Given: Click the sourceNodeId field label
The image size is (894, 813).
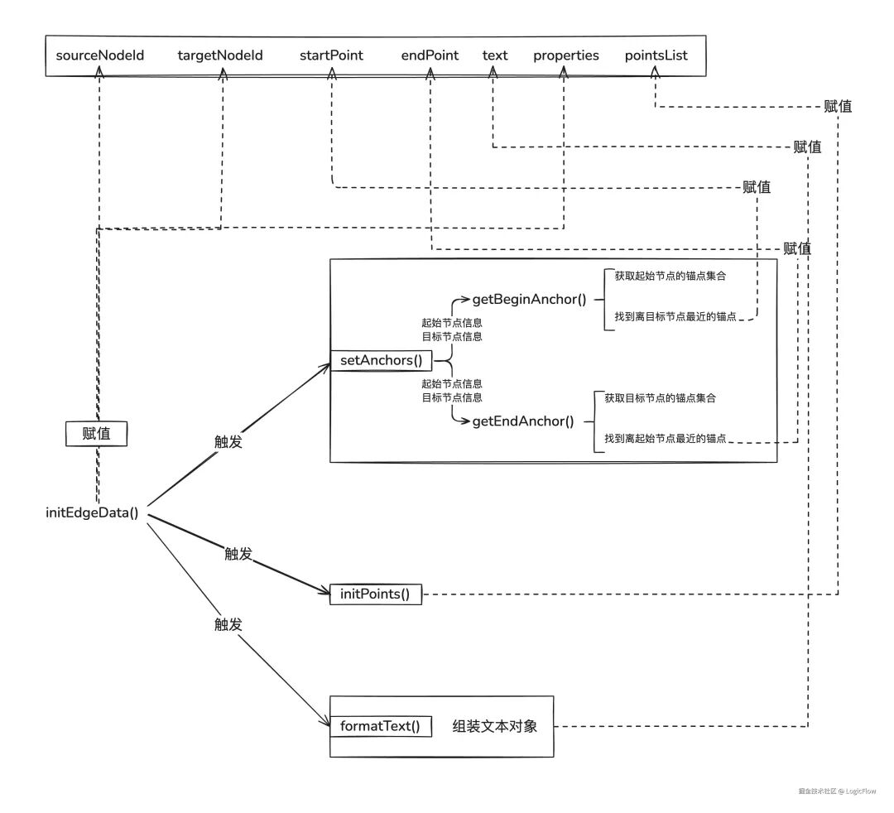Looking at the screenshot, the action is pos(100,55).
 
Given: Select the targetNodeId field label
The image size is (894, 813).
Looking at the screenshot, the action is pos(220,55).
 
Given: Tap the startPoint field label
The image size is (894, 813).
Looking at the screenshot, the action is pos(331,55).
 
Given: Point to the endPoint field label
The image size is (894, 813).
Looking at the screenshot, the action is pos(430,55).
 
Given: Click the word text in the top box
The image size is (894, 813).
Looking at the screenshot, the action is pos(495,55).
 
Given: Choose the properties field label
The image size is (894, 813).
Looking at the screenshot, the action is pos(566,55).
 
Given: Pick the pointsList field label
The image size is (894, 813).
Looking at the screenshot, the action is pos(656,55).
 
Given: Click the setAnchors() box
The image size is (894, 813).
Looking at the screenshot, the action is pos(382,360).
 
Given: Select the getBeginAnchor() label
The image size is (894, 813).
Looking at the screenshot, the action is pos(529,300).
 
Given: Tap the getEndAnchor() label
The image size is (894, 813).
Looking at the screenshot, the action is pos(523,421).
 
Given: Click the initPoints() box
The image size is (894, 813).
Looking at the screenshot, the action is pos(376,594).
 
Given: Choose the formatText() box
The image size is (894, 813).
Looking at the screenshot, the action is pos(380,726).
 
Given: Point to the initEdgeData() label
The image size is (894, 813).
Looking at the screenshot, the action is pos(92,512).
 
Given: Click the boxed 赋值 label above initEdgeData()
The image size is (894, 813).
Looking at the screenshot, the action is pos(96,434).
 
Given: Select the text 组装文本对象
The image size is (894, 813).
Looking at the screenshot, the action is pos(495,726).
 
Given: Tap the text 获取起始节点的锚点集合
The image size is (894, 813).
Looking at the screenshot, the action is pos(670,276).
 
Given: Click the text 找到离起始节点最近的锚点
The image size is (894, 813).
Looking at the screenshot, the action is pos(666,439).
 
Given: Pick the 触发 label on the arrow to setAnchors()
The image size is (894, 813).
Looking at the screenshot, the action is pos(228,441).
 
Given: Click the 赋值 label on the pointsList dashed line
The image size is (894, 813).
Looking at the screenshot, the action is pos(838,106).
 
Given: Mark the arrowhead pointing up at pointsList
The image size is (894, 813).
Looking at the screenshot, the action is pos(655,71).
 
